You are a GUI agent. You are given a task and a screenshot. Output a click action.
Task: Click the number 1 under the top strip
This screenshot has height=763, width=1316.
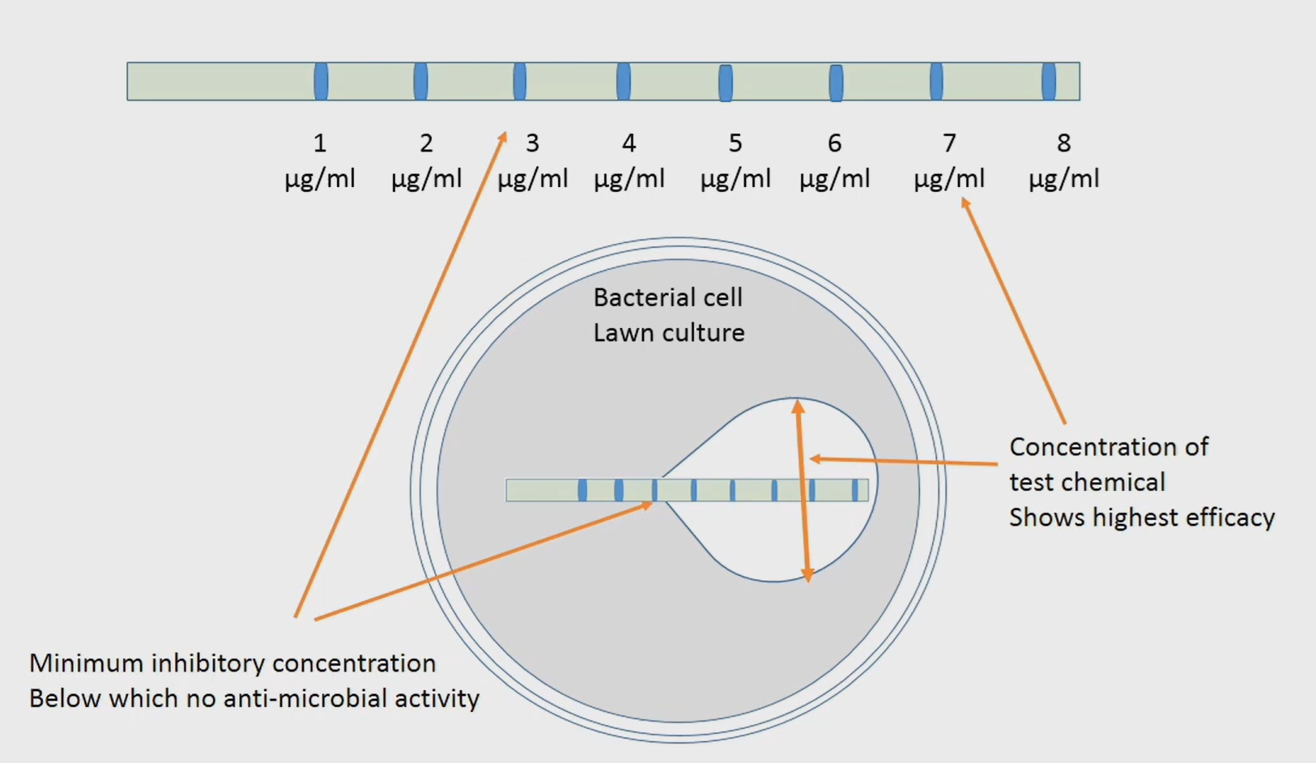[x=320, y=143]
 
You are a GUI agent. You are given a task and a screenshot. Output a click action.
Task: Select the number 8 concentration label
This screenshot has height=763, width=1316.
[x=1063, y=143]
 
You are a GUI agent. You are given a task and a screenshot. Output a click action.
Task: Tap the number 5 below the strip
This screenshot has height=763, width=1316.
[x=735, y=143]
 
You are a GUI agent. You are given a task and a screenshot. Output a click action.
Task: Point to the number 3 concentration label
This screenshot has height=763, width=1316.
[x=532, y=143]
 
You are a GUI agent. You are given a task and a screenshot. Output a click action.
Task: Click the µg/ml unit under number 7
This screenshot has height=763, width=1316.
[x=949, y=179]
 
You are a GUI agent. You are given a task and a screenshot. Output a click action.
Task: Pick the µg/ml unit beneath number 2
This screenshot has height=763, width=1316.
[x=426, y=179]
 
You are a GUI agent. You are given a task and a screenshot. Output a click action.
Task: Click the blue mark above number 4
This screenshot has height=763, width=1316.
[x=623, y=81]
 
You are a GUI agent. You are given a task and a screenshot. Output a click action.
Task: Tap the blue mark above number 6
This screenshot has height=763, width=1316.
[x=836, y=82]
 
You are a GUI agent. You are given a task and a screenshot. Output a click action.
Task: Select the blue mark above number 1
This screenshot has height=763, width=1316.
[x=321, y=81]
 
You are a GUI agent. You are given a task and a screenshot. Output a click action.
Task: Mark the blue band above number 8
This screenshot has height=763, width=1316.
[x=1049, y=81]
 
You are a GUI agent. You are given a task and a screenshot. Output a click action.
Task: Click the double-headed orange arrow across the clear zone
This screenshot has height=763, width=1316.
[x=803, y=491]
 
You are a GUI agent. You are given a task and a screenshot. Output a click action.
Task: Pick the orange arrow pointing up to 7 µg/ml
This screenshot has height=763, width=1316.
[x=1014, y=312]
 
